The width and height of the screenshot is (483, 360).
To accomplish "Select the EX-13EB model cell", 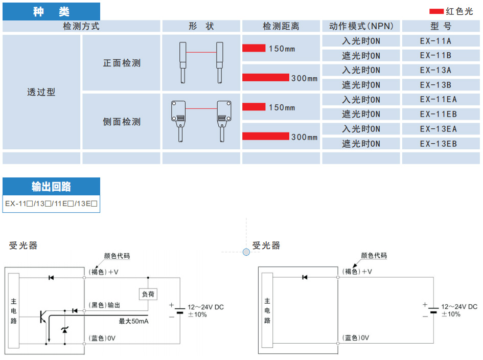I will [438, 144].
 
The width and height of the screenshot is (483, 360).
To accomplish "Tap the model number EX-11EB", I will [438, 114].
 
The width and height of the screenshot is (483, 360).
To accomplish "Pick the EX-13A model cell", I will [435, 70].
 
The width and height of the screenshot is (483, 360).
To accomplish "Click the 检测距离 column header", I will [281, 26].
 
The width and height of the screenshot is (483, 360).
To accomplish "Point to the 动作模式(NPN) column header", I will [361, 26].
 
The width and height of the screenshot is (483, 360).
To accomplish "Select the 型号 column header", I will [441, 26].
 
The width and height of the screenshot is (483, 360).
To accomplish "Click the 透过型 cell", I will [41, 92].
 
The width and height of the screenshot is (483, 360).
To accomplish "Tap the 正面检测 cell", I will [122, 63].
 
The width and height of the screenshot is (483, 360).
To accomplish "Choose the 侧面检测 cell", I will [122, 122].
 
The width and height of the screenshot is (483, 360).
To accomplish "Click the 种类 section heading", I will [51, 12].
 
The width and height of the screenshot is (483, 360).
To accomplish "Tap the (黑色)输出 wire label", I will [105, 305].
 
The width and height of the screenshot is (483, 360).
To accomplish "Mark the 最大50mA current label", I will [134, 321].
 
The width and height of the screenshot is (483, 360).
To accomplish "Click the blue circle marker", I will [246, 252].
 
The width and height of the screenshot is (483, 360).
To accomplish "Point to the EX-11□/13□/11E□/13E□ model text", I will [51, 204].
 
